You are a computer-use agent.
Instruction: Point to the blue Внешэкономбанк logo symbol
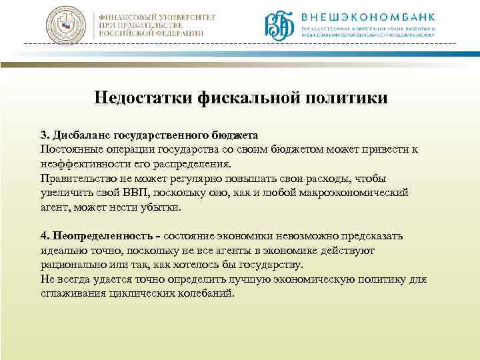(x=280, y=25)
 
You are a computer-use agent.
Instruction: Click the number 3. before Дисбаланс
(x=45, y=135)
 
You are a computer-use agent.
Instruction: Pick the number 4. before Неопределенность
(x=45, y=237)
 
